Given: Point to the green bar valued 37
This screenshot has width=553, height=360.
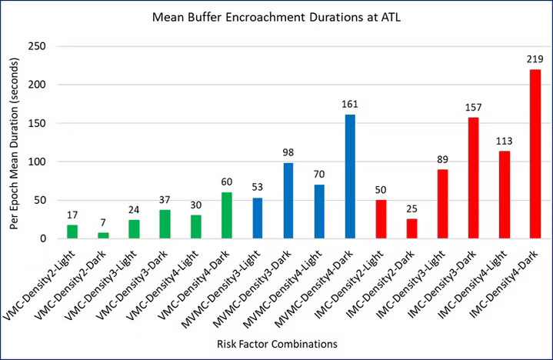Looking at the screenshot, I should (165, 224).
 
